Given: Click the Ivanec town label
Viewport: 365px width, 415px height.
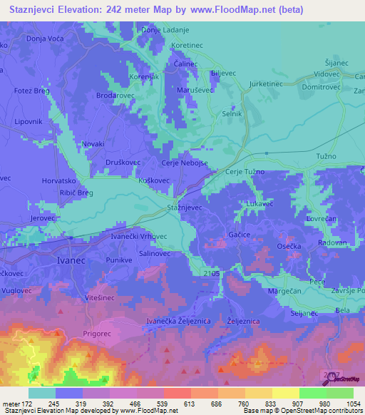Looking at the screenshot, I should click(x=71, y=261).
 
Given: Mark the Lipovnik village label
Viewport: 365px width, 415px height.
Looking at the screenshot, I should click(x=29, y=122).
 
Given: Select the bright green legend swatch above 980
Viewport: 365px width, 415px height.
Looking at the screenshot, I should click(x=312, y=393).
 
